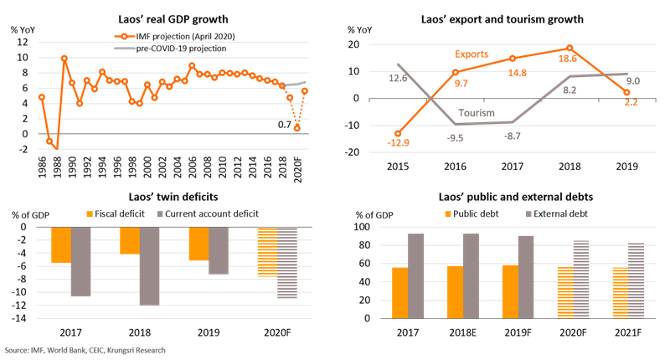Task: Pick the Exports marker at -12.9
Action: tap(398, 133)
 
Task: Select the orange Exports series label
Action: tap(472, 54)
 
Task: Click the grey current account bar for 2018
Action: tap(149, 265)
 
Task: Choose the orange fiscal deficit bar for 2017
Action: tap(60, 245)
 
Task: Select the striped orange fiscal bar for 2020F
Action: tap(267, 251)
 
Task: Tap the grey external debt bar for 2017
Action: tap(415, 275)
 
